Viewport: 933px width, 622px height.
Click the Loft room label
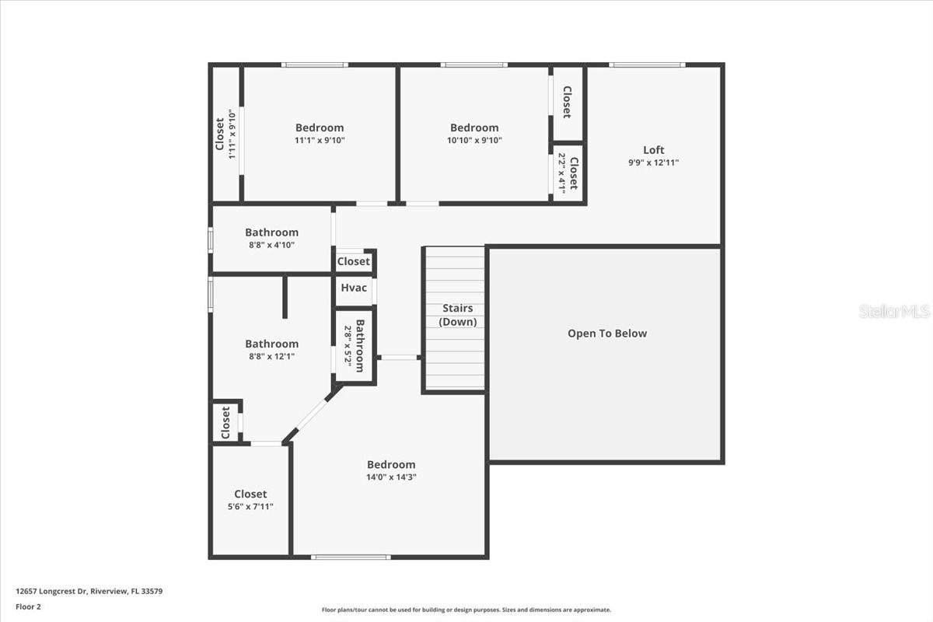(x=653, y=150)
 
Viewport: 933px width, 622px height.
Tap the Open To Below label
(x=607, y=334)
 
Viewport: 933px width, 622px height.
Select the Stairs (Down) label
(x=458, y=315)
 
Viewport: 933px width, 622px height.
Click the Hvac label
(x=354, y=288)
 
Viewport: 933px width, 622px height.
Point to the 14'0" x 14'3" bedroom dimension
(x=391, y=477)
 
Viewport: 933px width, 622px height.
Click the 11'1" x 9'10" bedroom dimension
(x=319, y=141)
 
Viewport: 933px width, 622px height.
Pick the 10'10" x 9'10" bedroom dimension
(x=474, y=141)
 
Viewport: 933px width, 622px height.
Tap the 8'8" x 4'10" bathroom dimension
(x=271, y=245)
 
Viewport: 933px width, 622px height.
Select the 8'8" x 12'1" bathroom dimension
(x=271, y=357)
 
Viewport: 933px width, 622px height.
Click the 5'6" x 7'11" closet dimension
(x=250, y=507)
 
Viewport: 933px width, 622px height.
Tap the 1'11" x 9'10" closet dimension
(x=232, y=134)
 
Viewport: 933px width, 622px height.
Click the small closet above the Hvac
(x=354, y=261)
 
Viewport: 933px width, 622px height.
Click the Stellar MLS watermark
(x=894, y=311)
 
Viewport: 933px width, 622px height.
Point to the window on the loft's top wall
(x=647, y=65)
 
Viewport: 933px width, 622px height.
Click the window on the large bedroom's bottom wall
(x=351, y=557)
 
